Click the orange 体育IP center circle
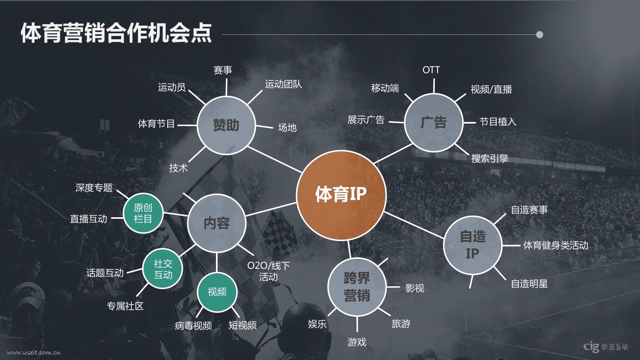point(341,195)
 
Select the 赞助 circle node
point(226,125)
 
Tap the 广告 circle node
point(434,122)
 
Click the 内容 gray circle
point(216,223)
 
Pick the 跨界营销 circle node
point(357,287)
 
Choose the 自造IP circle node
point(472,245)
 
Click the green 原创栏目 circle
point(143,213)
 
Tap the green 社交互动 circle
point(162,269)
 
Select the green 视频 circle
point(217,292)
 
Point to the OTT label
point(431,70)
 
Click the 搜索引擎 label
point(490,158)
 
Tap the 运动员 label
point(172,87)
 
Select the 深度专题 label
point(94,188)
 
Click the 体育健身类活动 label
point(556,245)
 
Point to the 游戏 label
point(357,342)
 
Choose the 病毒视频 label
point(194,326)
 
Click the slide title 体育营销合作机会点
point(116,33)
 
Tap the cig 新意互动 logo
point(606,346)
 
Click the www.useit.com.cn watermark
point(34,352)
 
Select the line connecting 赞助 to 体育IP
point(274,160)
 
